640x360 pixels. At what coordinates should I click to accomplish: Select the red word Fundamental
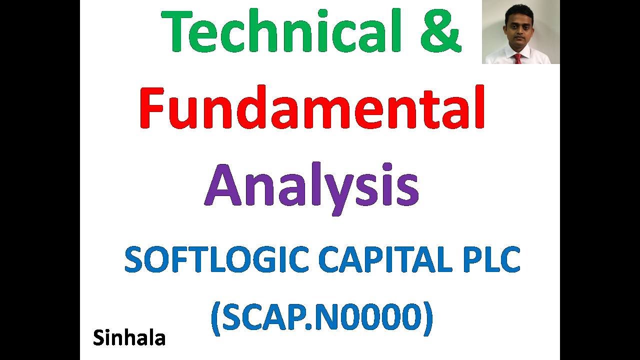coord(312,108)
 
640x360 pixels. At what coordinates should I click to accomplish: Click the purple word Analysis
coord(311,186)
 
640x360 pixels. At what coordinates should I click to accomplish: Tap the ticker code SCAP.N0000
coord(322,318)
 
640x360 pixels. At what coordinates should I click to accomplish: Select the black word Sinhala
coord(129,338)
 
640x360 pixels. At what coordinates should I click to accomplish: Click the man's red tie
coord(518,58)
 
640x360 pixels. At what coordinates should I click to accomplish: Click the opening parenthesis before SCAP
coord(215,319)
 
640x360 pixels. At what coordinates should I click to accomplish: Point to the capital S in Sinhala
coord(98,338)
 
